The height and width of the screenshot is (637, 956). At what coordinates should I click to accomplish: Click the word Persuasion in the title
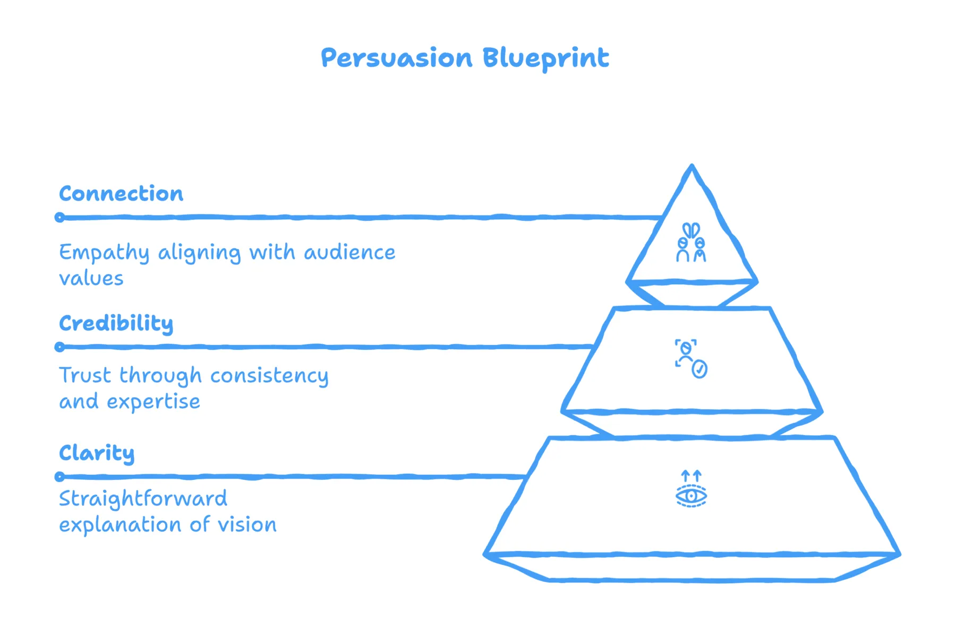click(396, 58)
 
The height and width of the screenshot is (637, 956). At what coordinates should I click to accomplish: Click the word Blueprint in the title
click(545, 58)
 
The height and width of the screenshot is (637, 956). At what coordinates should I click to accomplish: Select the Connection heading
click(121, 194)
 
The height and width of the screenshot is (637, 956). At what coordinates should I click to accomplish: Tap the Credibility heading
click(116, 323)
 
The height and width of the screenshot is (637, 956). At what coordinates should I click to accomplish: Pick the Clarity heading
click(97, 453)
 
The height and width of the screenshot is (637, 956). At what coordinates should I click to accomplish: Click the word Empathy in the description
click(104, 253)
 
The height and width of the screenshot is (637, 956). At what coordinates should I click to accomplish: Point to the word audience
click(349, 253)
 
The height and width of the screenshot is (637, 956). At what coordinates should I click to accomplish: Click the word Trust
click(85, 375)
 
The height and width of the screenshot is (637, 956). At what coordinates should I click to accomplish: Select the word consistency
click(269, 376)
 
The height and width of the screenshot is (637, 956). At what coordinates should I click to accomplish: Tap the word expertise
click(153, 402)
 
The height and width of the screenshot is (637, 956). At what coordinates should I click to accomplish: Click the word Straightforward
click(143, 499)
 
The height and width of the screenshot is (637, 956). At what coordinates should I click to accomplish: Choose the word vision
click(247, 524)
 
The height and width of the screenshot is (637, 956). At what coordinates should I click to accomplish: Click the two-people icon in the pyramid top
click(691, 243)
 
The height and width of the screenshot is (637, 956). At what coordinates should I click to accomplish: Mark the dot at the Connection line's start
click(60, 217)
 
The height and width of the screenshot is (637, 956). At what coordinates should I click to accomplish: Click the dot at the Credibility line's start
click(60, 347)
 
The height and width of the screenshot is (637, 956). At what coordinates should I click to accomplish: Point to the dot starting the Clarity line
click(60, 477)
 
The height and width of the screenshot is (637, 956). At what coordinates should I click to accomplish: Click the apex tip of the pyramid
click(692, 167)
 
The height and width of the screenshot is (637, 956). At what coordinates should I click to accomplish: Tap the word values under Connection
click(91, 279)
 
